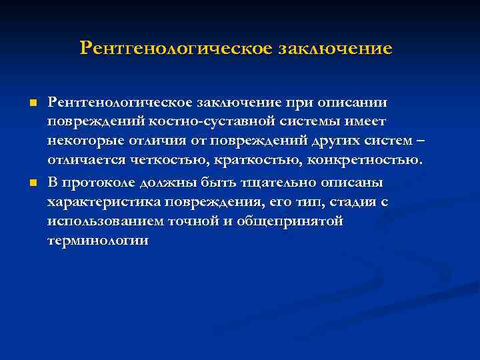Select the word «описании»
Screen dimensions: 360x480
357,103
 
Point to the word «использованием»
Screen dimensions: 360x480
107,221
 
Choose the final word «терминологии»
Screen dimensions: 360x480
98,241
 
